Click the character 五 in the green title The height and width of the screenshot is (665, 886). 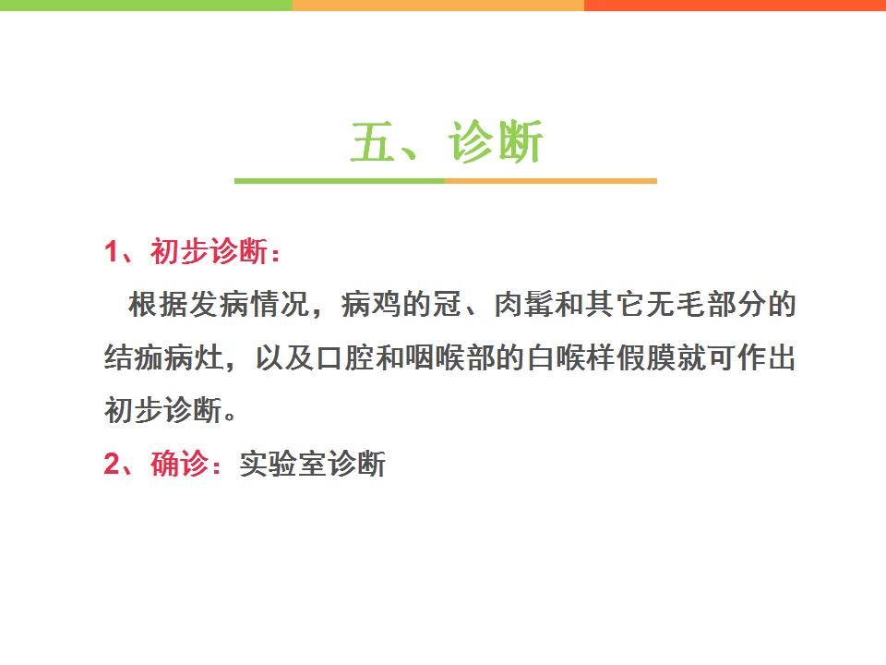pyautogui.click(x=372, y=141)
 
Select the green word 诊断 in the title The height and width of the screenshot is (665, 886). pyautogui.click(x=496, y=141)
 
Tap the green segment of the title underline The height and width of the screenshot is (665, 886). pyautogui.click(x=340, y=181)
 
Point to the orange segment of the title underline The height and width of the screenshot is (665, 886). pyautogui.click(x=551, y=181)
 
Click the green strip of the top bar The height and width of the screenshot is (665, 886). pyautogui.click(x=146, y=6)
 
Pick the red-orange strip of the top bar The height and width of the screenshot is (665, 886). pyautogui.click(x=736, y=6)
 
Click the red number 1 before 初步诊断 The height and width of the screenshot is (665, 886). pyautogui.click(x=112, y=251)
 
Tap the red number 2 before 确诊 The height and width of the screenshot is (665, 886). pyautogui.click(x=112, y=464)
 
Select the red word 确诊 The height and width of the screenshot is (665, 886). pyautogui.click(x=180, y=464)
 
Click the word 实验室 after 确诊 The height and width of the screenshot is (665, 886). pyautogui.click(x=282, y=465)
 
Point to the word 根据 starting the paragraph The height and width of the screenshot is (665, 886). pyautogui.click(x=158, y=304)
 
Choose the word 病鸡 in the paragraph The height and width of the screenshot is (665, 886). pyautogui.click(x=371, y=304)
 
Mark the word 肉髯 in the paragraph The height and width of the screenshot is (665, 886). pyautogui.click(x=523, y=304)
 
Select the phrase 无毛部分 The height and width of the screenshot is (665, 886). pyautogui.click(x=705, y=304)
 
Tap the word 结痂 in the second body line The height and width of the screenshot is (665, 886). pyautogui.click(x=134, y=357)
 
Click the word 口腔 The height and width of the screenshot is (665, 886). pyautogui.click(x=344, y=357)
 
